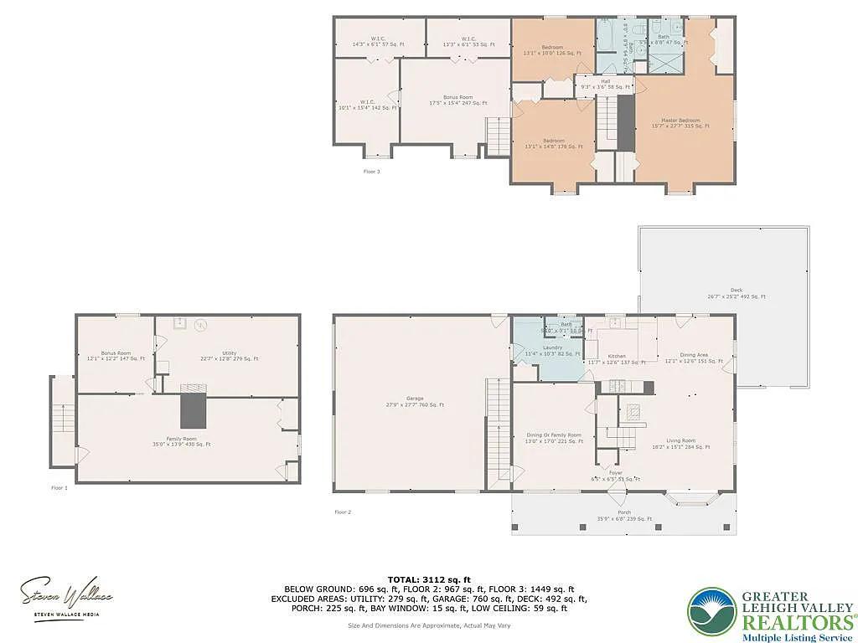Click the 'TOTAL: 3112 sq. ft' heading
(x=429, y=579)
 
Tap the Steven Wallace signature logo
(x=66, y=596)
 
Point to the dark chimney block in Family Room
(x=193, y=409)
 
